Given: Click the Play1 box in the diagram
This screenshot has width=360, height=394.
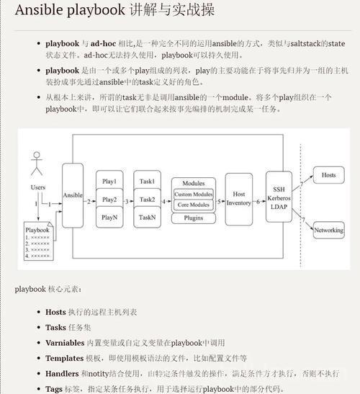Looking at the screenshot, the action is pyautogui.click(x=109, y=180).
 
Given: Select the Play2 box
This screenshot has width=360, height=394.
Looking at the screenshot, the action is pyautogui.click(x=109, y=199).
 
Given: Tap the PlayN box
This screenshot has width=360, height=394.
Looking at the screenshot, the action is pyautogui.click(x=109, y=217).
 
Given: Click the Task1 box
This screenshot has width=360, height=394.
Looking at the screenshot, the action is pyautogui.click(x=147, y=180).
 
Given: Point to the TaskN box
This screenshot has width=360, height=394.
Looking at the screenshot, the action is pyautogui.click(x=147, y=217).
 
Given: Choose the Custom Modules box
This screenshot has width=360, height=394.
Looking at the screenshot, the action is pyautogui.click(x=194, y=194).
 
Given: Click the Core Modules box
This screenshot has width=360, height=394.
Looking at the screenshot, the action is pyautogui.click(x=194, y=205).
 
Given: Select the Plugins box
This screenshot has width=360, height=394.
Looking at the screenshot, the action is pyautogui.click(x=194, y=218).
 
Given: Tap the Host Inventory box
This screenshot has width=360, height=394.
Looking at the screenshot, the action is pyautogui.click(x=239, y=199).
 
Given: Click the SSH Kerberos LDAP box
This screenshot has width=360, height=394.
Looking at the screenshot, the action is pyautogui.click(x=279, y=197).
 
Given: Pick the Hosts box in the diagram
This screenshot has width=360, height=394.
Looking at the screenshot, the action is pyautogui.click(x=328, y=175).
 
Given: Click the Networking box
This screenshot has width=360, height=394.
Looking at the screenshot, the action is pyautogui.click(x=329, y=230).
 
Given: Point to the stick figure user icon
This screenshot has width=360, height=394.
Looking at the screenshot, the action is pyautogui.click(x=37, y=164).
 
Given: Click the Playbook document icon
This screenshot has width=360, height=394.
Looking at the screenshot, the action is pyautogui.click(x=39, y=241).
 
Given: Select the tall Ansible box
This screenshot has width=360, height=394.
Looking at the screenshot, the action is pyautogui.click(x=73, y=195).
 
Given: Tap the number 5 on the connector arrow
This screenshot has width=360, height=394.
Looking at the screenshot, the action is pyautogui.click(x=219, y=202).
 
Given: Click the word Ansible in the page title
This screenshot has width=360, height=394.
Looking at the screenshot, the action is pyautogui.click(x=39, y=10).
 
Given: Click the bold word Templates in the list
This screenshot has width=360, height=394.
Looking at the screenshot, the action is pyautogui.click(x=65, y=358).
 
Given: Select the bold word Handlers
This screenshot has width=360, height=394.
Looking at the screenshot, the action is pyautogui.click(x=62, y=374).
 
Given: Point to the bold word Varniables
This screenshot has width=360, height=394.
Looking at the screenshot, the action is pyautogui.click(x=65, y=343).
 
